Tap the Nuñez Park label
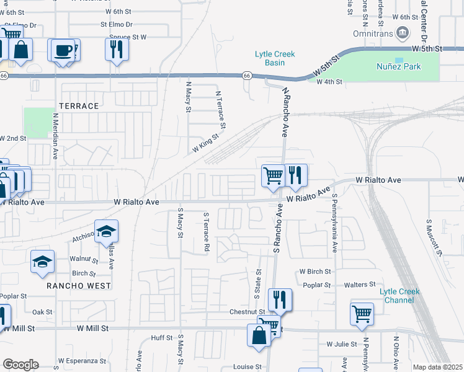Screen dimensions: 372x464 [x=399, y=66]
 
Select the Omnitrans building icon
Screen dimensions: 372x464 [x=403, y=32]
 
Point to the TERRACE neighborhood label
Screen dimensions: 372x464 [x=79, y=106]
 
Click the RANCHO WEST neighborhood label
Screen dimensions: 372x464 [x=78, y=286]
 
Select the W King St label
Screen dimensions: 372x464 [x=207, y=143]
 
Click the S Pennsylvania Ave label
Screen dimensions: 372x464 [x=334, y=223]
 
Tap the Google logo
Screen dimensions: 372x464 [x=20, y=365]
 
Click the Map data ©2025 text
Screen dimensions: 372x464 [x=437, y=367]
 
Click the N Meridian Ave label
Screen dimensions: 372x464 [x=55, y=136]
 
